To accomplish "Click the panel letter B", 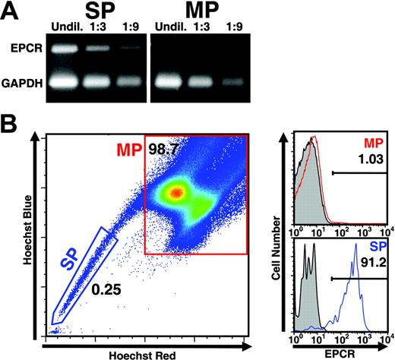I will coord(11,124).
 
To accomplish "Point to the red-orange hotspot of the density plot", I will coord(177,193).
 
